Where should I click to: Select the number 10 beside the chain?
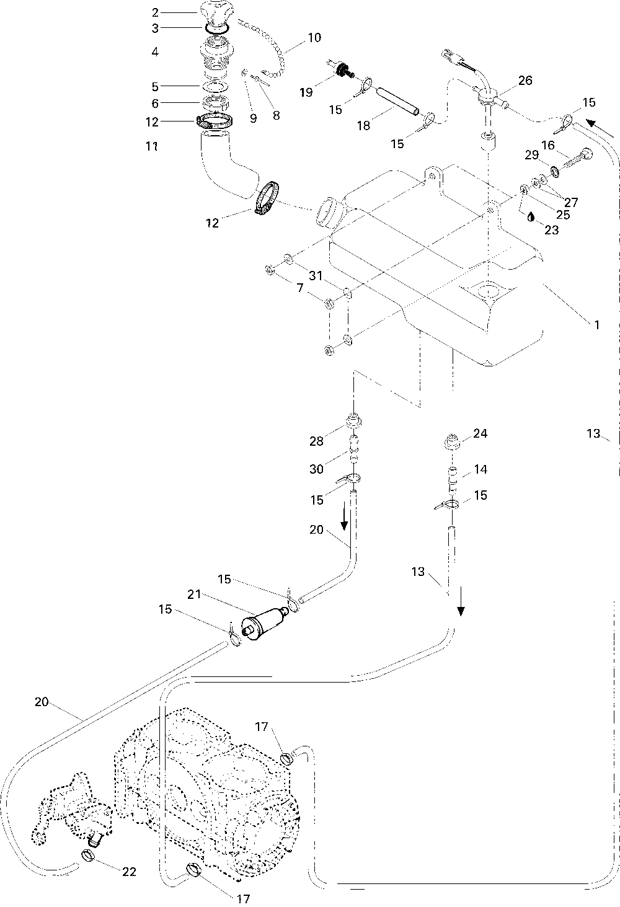314,38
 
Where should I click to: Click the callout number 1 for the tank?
596,325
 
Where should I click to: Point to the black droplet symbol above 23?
531,216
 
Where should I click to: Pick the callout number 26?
525,80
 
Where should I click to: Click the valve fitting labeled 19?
341,69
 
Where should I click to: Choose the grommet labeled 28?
353,420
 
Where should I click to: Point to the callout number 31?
316,276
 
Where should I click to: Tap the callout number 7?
299,288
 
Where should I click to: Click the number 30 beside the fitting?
316,469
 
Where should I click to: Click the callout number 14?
480,469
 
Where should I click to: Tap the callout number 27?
571,201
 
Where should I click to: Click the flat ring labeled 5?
215,87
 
